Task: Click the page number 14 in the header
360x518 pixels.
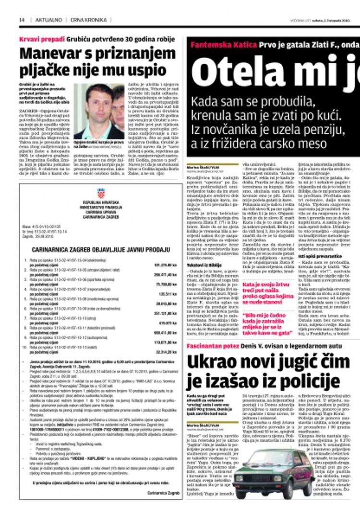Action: (22, 20)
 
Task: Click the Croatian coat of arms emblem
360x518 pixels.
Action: (100, 193)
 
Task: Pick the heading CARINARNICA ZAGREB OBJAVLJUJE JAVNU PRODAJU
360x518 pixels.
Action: (101, 250)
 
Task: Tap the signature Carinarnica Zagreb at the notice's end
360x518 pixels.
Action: (163, 493)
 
